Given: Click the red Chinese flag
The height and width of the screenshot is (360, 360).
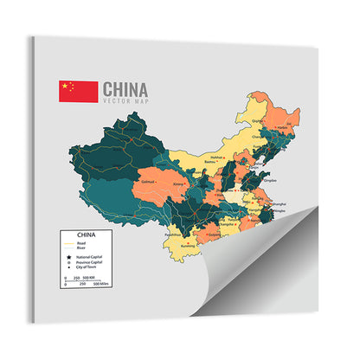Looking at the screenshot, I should point(78,92).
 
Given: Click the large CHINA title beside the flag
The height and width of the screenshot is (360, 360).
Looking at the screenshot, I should point(125,89).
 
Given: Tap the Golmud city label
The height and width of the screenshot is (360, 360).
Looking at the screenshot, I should point(147,182).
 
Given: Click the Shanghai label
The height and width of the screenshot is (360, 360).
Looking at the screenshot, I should point(279,204).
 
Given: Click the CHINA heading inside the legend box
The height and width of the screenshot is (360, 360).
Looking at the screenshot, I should point(87,235).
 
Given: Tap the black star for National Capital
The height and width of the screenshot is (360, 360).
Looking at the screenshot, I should point(68,258).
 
